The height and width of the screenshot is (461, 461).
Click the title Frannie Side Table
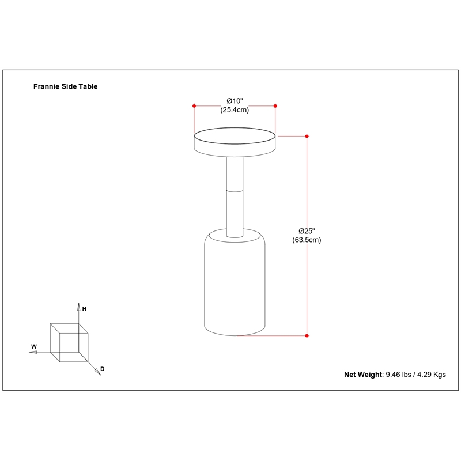pyautogui.click(x=65, y=86)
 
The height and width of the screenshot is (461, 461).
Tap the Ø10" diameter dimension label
pyautogui.click(x=235, y=101)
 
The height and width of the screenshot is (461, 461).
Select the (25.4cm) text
pyautogui.click(x=235, y=110)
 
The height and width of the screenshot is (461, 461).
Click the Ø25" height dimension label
pyautogui.click(x=307, y=231)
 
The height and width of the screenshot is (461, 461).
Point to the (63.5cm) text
pyautogui.click(x=307, y=240)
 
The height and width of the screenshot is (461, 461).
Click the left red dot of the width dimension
pyautogui.click(x=194, y=106)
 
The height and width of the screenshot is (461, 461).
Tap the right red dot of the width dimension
pyautogui.click(x=275, y=106)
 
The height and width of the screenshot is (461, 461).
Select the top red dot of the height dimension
pyautogui.click(x=307, y=136)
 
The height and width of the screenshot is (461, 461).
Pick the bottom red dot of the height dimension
pyautogui.click(x=307, y=336)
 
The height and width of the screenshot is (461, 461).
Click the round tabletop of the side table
pyautogui.click(x=235, y=142)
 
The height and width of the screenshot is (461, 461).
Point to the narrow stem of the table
pyautogui.click(x=235, y=197)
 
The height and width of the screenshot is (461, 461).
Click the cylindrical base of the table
pyautogui.click(x=235, y=282)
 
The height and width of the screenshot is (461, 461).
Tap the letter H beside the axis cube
pyautogui.click(x=84, y=309)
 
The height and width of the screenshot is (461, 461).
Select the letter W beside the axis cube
pyautogui.click(x=34, y=347)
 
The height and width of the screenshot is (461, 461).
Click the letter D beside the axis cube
pyautogui.click(x=103, y=369)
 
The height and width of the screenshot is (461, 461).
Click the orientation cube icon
pyautogui.click(x=69, y=342)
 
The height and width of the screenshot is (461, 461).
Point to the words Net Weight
pyautogui.click(x=364, y=375)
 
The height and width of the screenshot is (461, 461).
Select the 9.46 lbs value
pyautogui.click(x=398, y=375)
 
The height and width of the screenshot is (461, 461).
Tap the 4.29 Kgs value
pyautogui.click(x=431, y=375)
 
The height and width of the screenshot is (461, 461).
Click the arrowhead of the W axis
pyautogui.click(x=33, y=352)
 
